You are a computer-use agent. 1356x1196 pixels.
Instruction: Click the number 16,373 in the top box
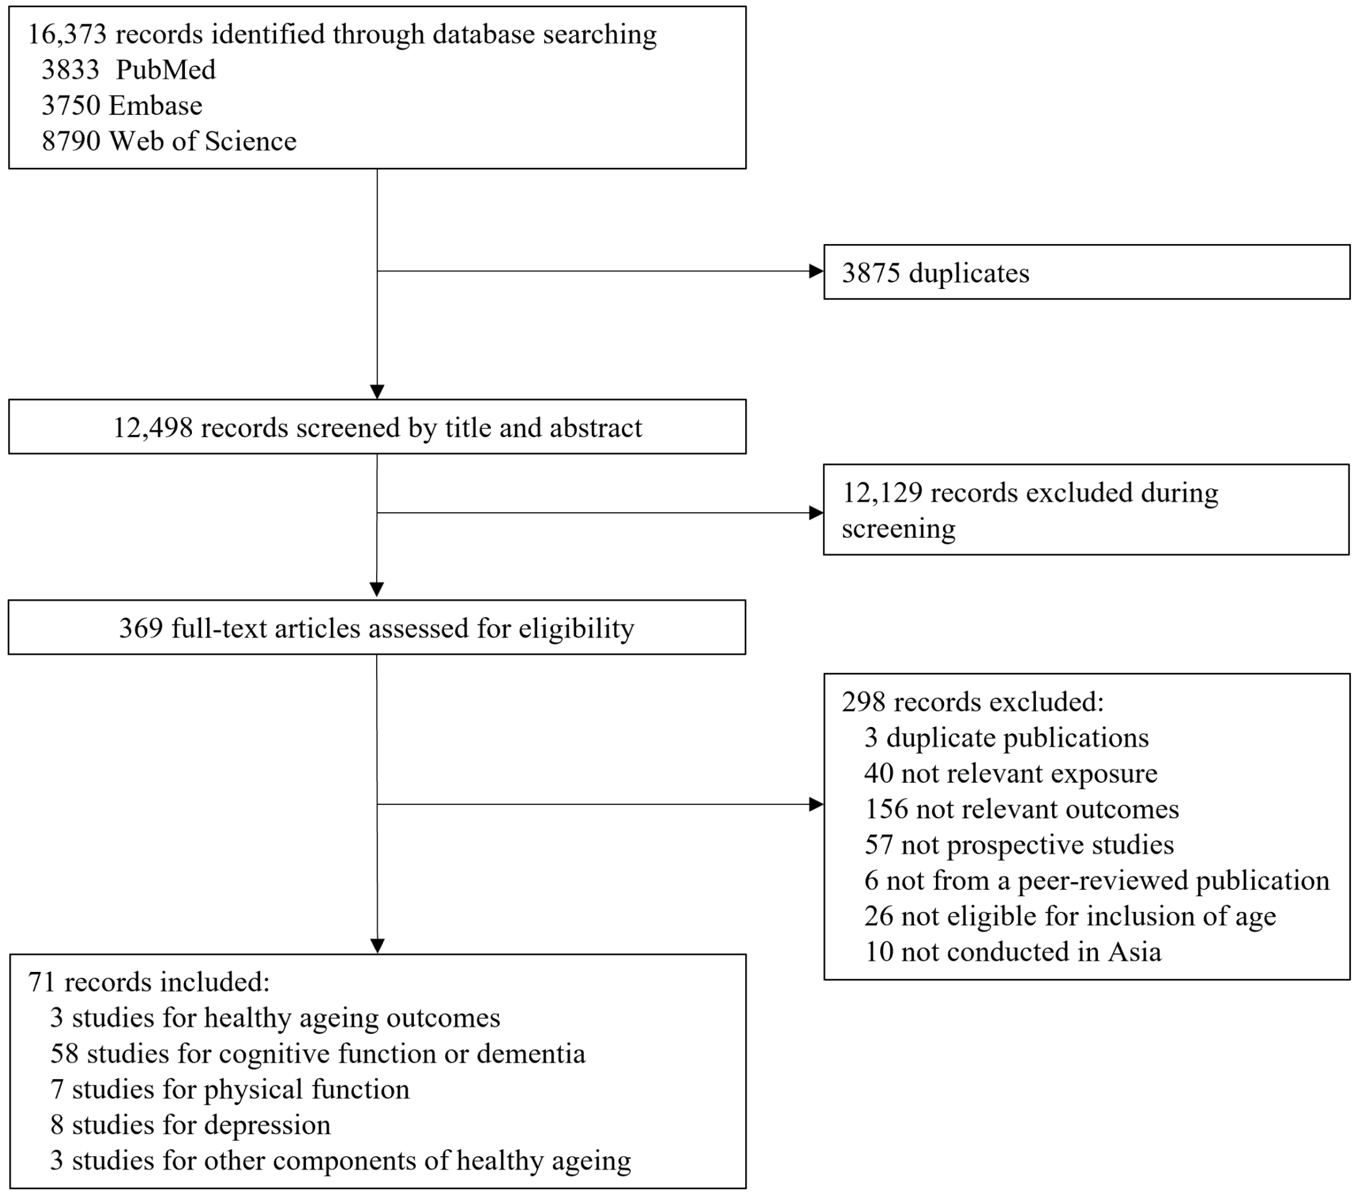click(x=67, y=35)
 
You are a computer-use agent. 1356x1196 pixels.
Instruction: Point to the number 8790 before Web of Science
click(x=71, y=141)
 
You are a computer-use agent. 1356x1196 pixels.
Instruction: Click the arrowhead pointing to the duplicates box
click(x=816, y=271)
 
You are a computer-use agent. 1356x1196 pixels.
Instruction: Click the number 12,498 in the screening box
click(x=152, y=428)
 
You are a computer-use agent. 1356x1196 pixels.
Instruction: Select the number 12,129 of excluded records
click(x=882, y=493)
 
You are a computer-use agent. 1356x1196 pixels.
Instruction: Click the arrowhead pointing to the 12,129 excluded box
click(x=816, y=513)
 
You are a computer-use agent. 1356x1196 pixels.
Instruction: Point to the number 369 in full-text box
click(x=141, y=628)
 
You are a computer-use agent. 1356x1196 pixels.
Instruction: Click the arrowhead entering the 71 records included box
click(x=377, y=946)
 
